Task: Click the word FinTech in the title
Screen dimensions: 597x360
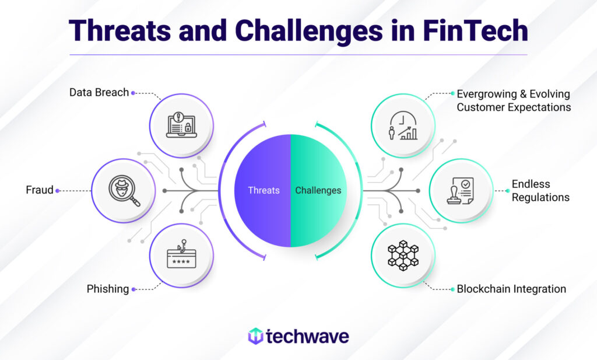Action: pos(476,30)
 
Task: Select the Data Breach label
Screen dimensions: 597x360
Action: pos(99,93)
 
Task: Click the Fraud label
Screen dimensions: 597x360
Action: pos(40,190)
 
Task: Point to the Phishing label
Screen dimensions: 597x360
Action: pos(108,289)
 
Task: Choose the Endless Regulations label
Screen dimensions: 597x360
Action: pos(540,191)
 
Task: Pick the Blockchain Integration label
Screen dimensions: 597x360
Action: pos(511,289)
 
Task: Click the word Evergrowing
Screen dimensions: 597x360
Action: pos(487,94)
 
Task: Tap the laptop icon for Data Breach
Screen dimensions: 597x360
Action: pos(182,125)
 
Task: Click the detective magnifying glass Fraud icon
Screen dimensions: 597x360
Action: pos(124,191)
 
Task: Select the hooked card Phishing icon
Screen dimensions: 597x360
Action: pos(182,254)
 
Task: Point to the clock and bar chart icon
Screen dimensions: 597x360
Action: pos(403,125)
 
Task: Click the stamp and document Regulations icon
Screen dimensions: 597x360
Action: pos(461,191)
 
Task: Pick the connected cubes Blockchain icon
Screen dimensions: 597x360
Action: pos(403,255)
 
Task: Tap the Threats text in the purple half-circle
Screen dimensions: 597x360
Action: pos(264,190)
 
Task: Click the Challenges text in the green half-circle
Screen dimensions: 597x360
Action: pos(318,190)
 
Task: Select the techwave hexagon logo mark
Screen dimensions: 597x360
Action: pos(255,336)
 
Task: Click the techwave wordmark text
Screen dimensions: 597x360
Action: pos(307,337)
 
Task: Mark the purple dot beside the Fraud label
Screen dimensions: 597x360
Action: pos(58,191)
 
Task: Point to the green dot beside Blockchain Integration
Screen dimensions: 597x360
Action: pos(452,289)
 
